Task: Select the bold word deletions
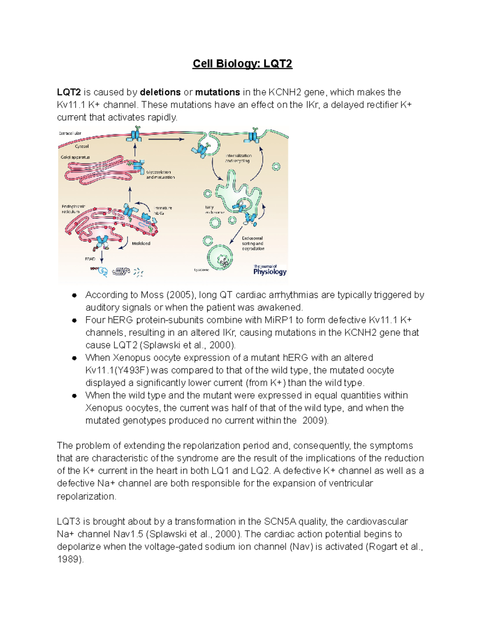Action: [160, 92]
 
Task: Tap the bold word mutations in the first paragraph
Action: [217, 92]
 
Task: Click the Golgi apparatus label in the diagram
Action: [75, 157]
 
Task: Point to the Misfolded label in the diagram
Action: [141, 243]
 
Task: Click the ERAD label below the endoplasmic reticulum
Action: [90, 259]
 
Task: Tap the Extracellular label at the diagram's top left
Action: [70, 133]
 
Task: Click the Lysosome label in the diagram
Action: [201, 270]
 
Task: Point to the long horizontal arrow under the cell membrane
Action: [166, 139]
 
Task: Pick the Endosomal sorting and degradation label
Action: [253, 243]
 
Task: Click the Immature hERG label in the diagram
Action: [163, 210]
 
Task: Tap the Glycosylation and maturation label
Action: [160, 175]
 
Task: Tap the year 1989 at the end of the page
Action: [69, 559]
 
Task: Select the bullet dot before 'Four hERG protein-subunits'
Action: [74, 320]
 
